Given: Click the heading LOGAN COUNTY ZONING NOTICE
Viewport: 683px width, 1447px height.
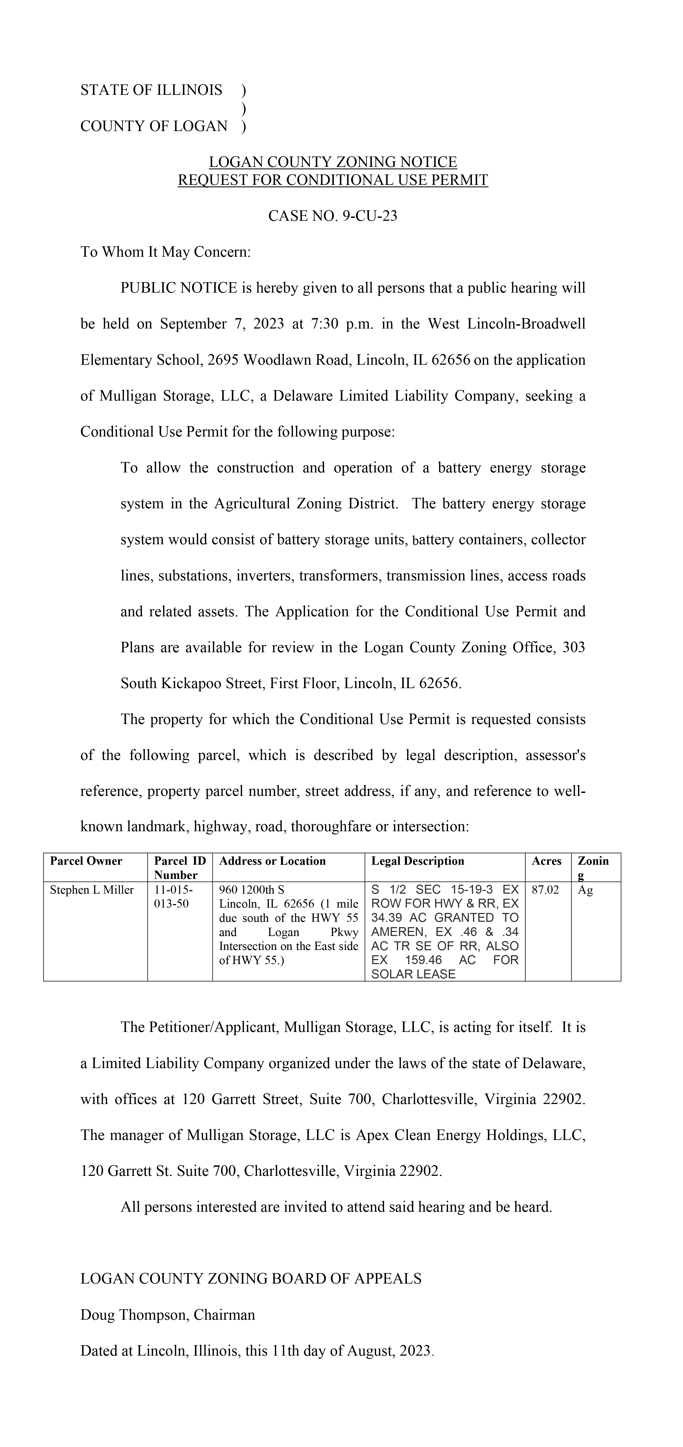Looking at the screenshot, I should (332, 162).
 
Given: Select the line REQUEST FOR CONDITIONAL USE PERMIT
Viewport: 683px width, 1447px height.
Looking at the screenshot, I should (332, 180).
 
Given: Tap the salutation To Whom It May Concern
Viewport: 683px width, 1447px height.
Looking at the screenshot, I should (165, 252).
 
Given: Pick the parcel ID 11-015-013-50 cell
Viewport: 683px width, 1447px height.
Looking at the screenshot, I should (173, 897).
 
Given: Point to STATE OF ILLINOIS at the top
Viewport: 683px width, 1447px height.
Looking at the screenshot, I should (151, 91).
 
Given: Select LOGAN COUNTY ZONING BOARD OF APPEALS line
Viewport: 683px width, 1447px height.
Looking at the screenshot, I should (250, 1279).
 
